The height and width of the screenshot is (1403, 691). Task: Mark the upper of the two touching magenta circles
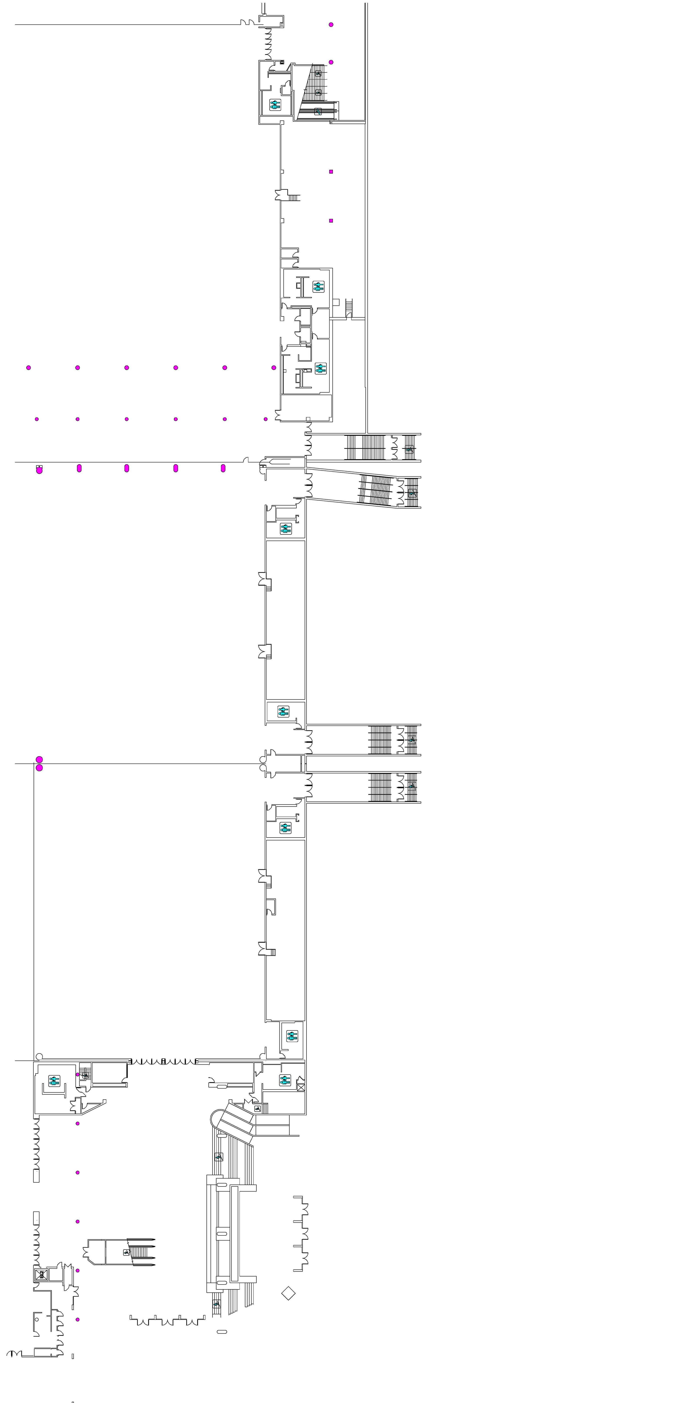click(39, 759)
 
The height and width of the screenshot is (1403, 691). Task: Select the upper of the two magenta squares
click(331, 172)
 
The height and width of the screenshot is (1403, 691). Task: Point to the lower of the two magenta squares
click(331, 221)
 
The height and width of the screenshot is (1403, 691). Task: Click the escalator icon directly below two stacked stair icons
click(318, 112)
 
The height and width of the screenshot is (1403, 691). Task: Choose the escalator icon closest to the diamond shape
click(216, 1303)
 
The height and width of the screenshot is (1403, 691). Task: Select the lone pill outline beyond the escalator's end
click(222, 1332)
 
